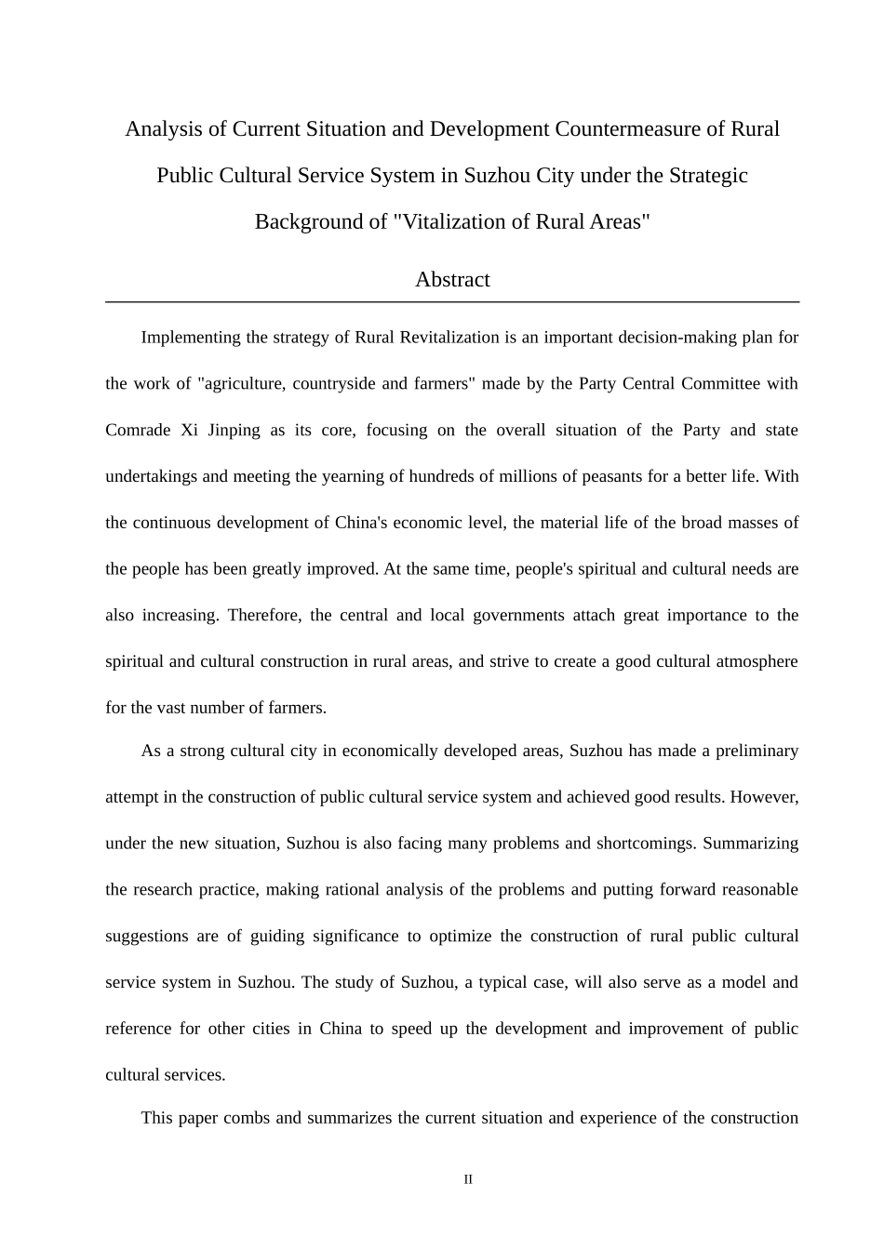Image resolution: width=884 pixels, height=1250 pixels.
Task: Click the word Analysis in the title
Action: click(163, 129)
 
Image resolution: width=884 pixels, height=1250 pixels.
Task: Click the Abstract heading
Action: click(452, 280)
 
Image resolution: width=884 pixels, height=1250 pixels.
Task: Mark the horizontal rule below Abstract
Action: click(452, 302)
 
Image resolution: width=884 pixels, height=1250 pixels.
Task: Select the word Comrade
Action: click(138, 431)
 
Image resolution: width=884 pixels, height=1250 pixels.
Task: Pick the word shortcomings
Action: click(646, 844)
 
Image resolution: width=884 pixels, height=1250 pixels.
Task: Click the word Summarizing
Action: click(751, 844)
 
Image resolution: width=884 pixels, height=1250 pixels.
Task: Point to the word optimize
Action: click(460, 937)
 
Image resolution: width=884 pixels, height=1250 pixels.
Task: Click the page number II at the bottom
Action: click(468, 1180)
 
